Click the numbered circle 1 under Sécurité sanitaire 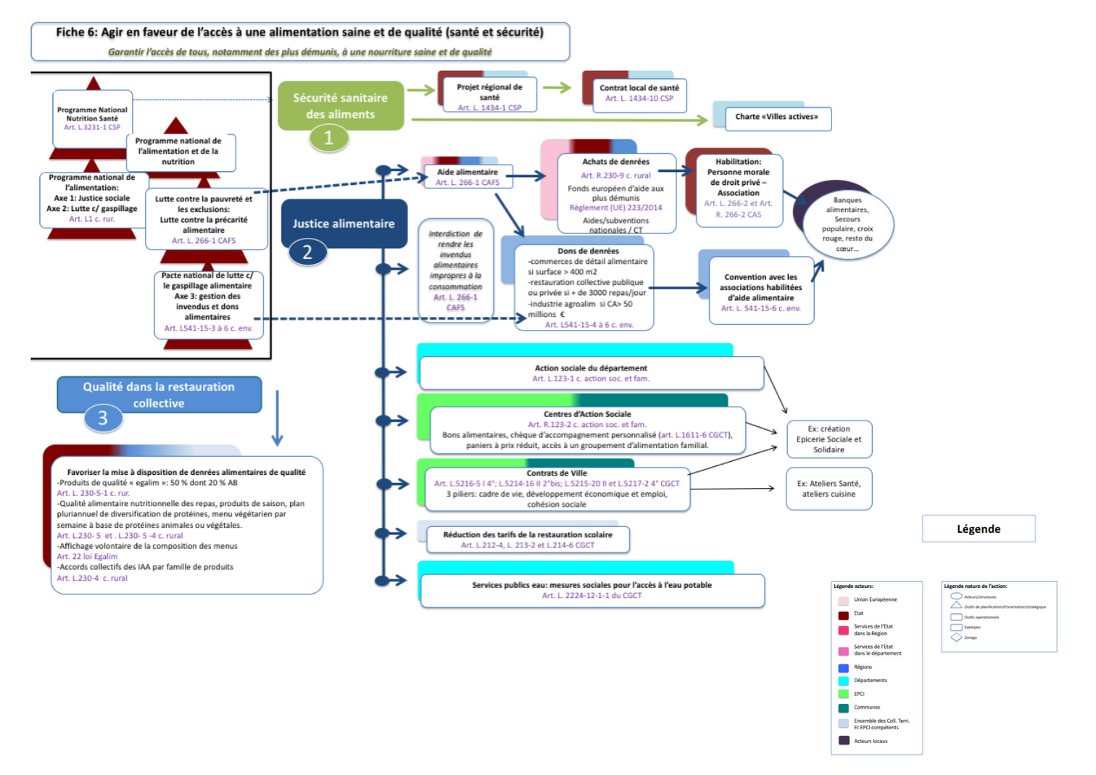click(x=328, y=137)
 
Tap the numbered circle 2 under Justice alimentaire click(x=307, y=252)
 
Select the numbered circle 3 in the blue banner click(x=103, y=418)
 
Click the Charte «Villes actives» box click(x=777, y=117)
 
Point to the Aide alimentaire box click(x=468, y=177)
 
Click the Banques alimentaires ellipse click(x=847, y=223)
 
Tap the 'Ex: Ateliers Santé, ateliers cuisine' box click(x=829, y=489)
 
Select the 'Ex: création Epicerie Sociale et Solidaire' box click(x=829, y=439)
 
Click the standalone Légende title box click(x=978, y=529)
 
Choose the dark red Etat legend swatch click(x=843, y=614)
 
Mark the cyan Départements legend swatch click(x=843, y=681)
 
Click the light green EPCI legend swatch click(x=843, y=694)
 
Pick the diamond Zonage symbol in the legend click(x=956, y=637)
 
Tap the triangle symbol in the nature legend click(x=956, y=605)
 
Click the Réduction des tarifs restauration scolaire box click(x=527, y=539)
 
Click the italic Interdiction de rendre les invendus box click(x=455, y=270)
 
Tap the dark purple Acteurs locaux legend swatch click(x=843, y=741)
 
